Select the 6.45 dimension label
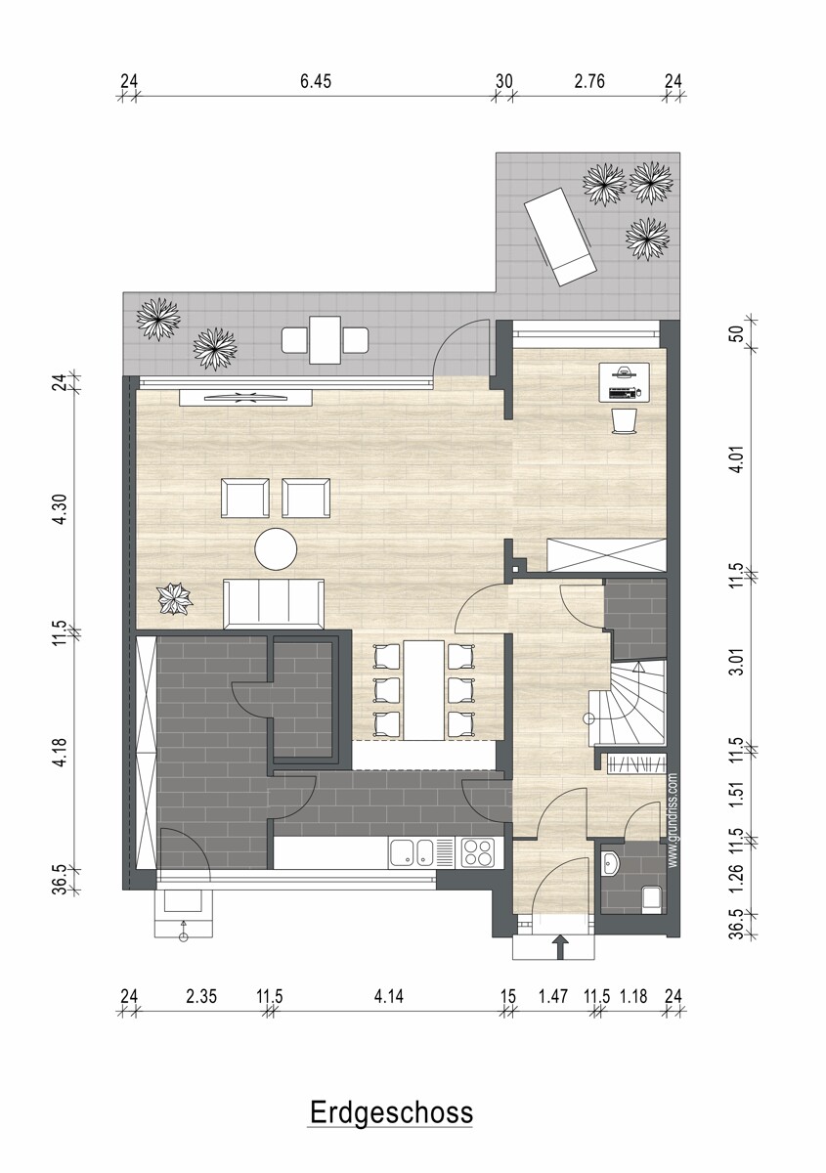(x=316, y=82)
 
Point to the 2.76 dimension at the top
(x=589, y=82)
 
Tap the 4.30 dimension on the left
(x=61, y=509)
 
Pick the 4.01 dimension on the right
(x=736, y=459)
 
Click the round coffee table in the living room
(x=276, y=548)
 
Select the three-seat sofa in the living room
(x=274, y=603)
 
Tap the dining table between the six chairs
(x=423, y=690)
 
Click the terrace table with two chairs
(x=325, y=340)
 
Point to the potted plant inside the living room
(x=175, y=599)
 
